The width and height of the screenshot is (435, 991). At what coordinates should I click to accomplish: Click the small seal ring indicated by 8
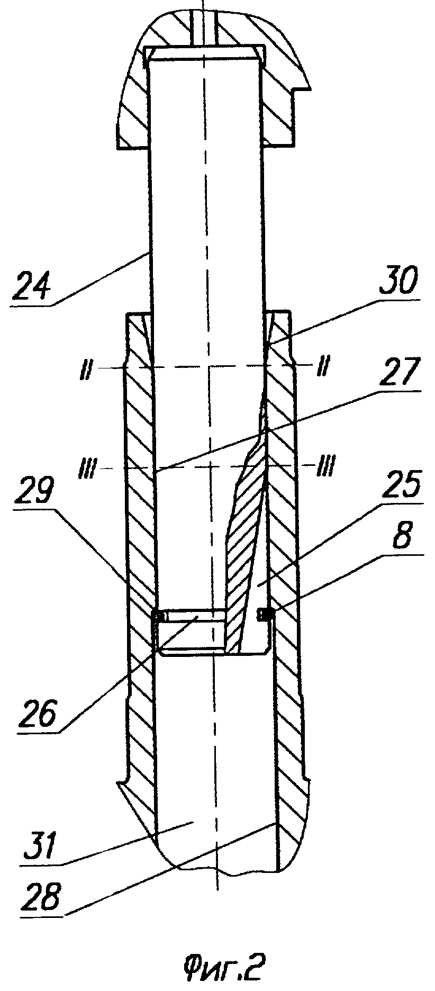[264, 614]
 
